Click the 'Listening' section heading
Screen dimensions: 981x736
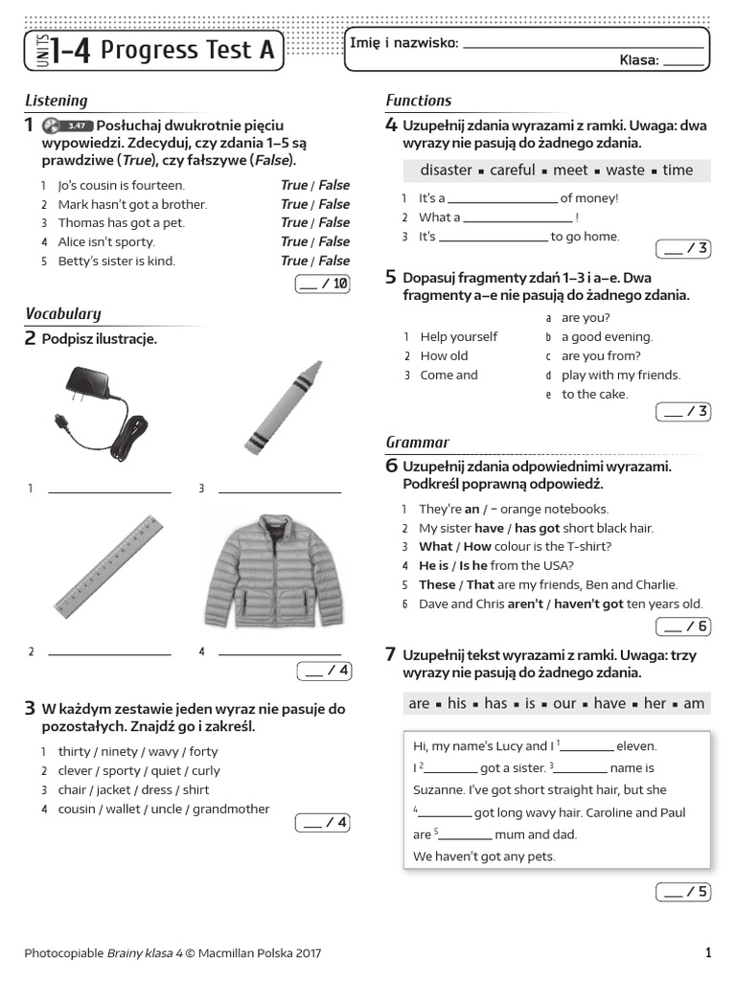coord(56,101)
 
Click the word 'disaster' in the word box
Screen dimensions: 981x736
coord(446,171)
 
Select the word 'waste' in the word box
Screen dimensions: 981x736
coord(626,171)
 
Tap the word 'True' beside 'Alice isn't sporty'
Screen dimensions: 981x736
coord(293,241)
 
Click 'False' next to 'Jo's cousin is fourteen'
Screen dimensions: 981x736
coord(334,185)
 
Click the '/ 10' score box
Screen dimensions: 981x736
coord(324,283)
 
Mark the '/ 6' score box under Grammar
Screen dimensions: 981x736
coord(682,627)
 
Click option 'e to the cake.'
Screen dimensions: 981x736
coord(594,394)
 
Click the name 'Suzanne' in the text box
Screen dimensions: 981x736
coord(439,790)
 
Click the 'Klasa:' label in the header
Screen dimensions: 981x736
coord(639,60)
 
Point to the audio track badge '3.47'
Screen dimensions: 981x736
coord(78,125)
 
